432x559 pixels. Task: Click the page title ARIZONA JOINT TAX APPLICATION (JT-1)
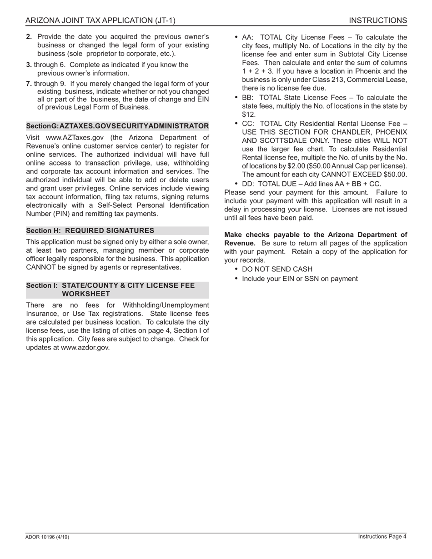coord(100,20)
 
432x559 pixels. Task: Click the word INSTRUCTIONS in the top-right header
coord(377,20)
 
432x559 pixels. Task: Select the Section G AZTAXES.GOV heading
coord(117,126)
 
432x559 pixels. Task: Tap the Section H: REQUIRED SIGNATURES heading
coord(90,231)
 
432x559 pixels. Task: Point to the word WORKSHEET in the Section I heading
coord(86,294)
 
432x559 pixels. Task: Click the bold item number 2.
coord(29,37)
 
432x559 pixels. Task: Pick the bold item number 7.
coord(29,84)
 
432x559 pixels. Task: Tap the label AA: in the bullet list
coord(248,38)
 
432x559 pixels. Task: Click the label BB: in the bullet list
coord(248,98)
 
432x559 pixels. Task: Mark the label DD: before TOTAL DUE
coord(248,184)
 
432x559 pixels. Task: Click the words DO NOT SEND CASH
coord(277,270)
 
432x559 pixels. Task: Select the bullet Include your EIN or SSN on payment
coord(300,279)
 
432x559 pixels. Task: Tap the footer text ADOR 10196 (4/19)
coord(47,537)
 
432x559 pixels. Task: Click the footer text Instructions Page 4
coord(382,537)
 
